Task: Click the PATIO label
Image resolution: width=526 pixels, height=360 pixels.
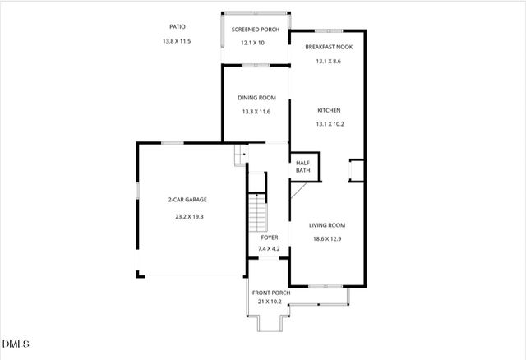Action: click(x=177, y=26)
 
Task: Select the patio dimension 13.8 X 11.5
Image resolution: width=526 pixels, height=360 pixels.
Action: click(x=177, y=40)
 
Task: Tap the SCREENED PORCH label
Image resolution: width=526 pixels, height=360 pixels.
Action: click(x=255, y=30)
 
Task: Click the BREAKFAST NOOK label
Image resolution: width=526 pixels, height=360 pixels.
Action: click(x=329, y=48)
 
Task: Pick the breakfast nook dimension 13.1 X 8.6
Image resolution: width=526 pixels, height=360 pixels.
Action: click(x=329, y=61)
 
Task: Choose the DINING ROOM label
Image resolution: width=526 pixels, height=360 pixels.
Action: click(x=256, y=98)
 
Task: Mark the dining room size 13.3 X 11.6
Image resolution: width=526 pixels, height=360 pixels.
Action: click(x=256, y=112)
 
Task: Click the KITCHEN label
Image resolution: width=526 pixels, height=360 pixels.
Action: click(x=329, y=110)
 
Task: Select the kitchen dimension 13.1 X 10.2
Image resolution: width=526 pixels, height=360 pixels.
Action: click(x=329, y=124)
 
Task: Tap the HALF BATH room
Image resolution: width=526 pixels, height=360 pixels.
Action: click(x=302, y=167)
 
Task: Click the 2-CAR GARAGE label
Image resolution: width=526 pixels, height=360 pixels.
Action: click(x=188, y=200)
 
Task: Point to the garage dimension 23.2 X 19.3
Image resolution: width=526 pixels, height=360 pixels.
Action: click(x=188, y=217)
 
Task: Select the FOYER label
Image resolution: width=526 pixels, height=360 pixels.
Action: click(x=270, y=238)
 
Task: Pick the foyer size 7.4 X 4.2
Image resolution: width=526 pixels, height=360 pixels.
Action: click(x=270, y=248)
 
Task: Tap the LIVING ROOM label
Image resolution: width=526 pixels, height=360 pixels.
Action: click(x=326, y=225)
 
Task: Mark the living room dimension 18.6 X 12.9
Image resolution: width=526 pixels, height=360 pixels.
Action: click(x=326, y=239)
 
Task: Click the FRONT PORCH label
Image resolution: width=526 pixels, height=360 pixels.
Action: click(x=270, y=293)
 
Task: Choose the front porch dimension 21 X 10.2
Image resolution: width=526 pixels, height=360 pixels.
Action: click(x=270, y=302)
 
